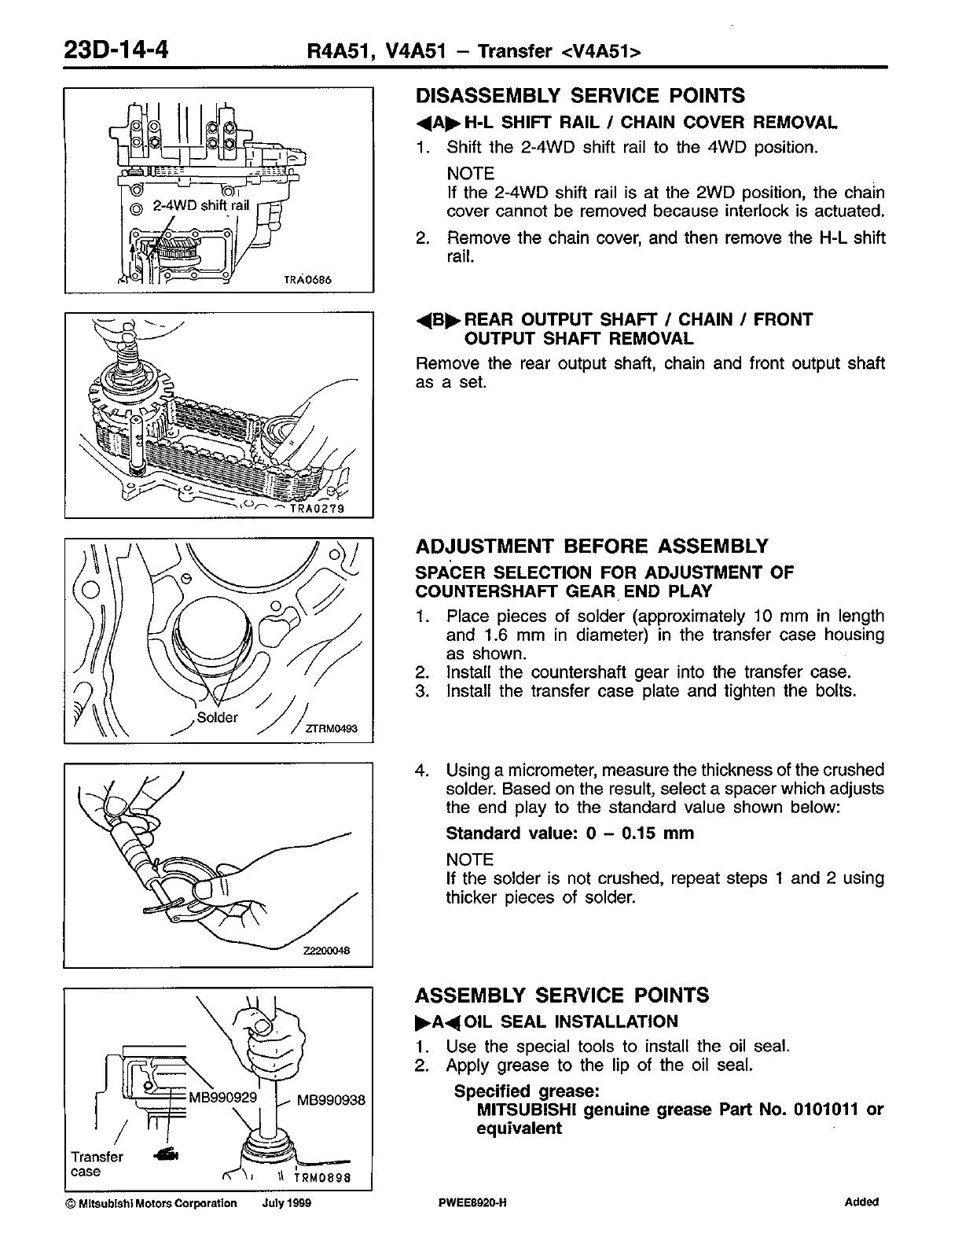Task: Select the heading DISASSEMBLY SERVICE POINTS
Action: (x=579, y=96)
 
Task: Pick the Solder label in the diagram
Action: (x=217, y=718)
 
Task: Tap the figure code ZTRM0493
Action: (x=332, y=729)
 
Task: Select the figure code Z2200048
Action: (x=326, y=951)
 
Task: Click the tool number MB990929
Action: (x=222, y=1097)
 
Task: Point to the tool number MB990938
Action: (x=332, y=1100)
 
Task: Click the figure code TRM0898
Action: (x=320, y=1178)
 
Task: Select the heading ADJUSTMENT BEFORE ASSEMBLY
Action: (x=591, y=547)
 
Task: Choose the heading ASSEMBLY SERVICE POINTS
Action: (x=562, y=996)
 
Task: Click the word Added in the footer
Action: (x=861, y=1202)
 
